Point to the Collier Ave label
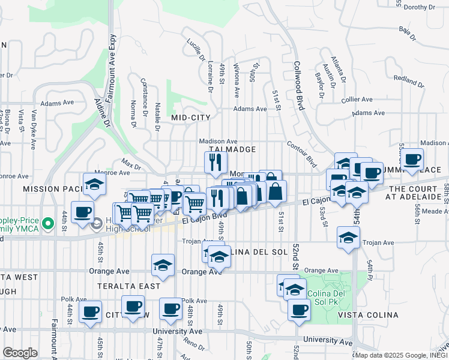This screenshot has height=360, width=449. [357, 100]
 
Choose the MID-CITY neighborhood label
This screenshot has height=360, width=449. [190, 118]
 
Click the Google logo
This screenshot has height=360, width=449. [19, 353]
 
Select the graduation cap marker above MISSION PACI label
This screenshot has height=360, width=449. [94, 185]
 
